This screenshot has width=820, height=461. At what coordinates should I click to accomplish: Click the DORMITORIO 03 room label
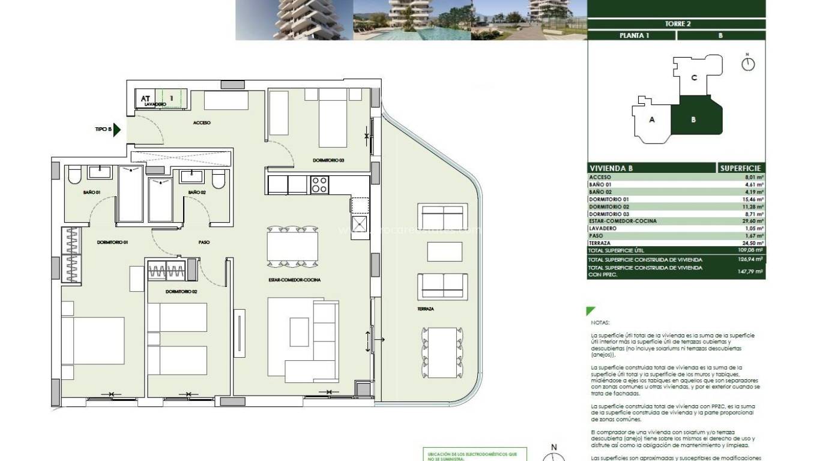(x=328, y=160)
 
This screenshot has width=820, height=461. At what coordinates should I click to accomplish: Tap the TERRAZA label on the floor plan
(x=427, y=309)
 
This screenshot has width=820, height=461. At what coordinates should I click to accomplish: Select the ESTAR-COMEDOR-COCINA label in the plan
(x=294, y=280)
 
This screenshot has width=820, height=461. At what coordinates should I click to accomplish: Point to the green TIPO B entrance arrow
(x=118, y=129)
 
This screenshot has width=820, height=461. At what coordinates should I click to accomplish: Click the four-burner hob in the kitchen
(x=319, y=184)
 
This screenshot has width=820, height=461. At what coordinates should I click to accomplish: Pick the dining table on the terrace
(x=442, y=352)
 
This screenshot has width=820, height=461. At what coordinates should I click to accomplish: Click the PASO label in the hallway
(x=203, y=243)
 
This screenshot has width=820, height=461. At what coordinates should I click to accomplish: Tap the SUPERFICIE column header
(x=741, y=169)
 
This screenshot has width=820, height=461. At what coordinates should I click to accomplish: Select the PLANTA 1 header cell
(x=631, y=35)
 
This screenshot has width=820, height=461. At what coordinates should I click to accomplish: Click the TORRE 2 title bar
(x=676, y=24)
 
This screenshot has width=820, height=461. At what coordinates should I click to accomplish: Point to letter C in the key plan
(x=694, y=77)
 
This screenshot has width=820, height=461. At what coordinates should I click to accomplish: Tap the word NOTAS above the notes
(x=600, y=322)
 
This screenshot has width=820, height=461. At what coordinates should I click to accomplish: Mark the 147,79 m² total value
(x=751, y=271)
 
